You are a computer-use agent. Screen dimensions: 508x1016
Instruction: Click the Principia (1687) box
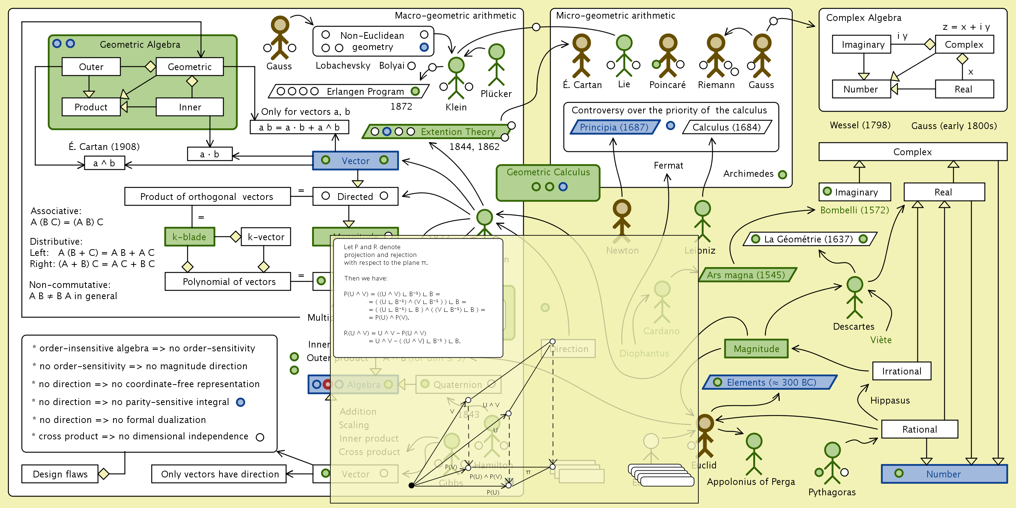pos(614,127)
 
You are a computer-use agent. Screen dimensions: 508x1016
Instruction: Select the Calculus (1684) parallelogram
pos(726,127)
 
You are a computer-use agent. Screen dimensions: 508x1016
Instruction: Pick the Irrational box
pos(901,371)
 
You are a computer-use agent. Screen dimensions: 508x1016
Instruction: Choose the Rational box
pos(919,429)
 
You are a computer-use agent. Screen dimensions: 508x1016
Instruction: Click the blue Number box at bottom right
pos(944,474)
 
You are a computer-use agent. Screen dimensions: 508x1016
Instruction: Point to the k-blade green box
pos(190,237)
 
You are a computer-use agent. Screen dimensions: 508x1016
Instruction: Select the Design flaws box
pos(60,474)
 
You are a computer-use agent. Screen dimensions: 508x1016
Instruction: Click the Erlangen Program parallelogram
pos(349,91)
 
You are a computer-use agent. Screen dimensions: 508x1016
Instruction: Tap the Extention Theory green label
pos(438,132)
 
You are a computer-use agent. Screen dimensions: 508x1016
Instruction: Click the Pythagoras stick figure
pos(832,463)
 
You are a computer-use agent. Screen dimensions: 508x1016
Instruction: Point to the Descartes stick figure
pos(854,298)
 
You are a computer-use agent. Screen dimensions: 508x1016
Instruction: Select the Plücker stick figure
pos(496,65)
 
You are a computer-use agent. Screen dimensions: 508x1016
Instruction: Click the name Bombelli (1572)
pos(854,210)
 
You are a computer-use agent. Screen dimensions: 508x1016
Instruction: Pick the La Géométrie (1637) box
pos(809,239)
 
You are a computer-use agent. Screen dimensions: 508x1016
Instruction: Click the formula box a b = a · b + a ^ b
pos(299,127)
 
